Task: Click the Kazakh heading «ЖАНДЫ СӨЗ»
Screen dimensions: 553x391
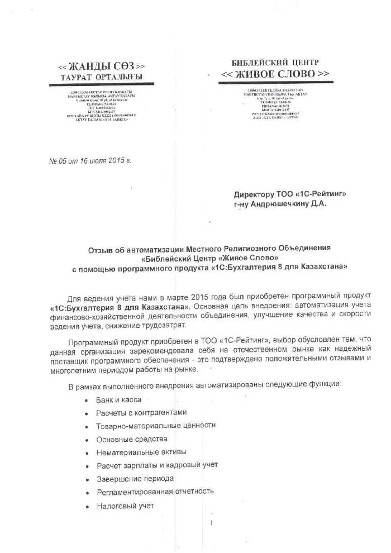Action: (x=102, y=66)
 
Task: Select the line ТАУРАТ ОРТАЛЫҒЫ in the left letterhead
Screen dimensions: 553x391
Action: (x=102, y=77)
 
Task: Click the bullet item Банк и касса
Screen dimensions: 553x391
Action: (x=119, y=400)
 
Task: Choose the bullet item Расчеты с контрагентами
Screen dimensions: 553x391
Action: (x=141, y=413)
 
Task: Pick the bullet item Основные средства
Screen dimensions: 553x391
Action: (x=130, y=439)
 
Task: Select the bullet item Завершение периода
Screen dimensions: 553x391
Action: (x=136, y=479)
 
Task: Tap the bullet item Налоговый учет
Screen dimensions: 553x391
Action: (x=125, y=506)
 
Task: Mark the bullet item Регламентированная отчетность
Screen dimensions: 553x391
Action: (x=155, y=492)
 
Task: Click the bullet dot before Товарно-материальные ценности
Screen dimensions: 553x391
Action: (x=85, y=427)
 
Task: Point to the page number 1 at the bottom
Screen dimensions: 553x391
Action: (x=212, y=523)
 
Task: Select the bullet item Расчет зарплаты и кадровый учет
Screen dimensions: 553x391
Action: (x=157, y=465)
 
